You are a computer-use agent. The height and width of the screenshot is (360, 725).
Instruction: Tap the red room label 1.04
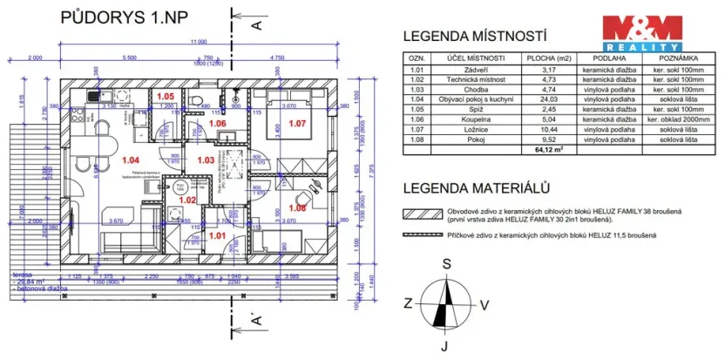131,160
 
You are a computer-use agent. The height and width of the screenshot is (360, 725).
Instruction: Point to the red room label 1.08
297,208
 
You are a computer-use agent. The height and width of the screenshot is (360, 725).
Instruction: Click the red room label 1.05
166,97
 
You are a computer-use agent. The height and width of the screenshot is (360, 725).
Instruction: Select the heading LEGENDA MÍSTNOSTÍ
473,37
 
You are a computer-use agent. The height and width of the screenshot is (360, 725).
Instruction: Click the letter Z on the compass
407,303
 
